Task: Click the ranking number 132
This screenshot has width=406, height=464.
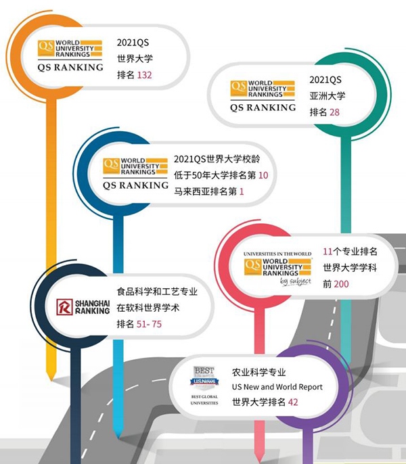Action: [x=144, y=75]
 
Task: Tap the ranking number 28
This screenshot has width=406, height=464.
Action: [x=334, y=112]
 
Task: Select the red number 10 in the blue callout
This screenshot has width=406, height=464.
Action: [x=264, y=176]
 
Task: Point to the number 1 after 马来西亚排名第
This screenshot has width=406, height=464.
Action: [x=240, y=193]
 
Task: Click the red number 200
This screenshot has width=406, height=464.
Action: [x=341, y=284]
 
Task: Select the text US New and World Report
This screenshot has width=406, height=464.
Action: [x=277, y=387]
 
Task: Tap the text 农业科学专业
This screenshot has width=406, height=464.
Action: [x=258, y=371]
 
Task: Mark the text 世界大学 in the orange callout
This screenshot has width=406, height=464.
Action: [x=135, y=59]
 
